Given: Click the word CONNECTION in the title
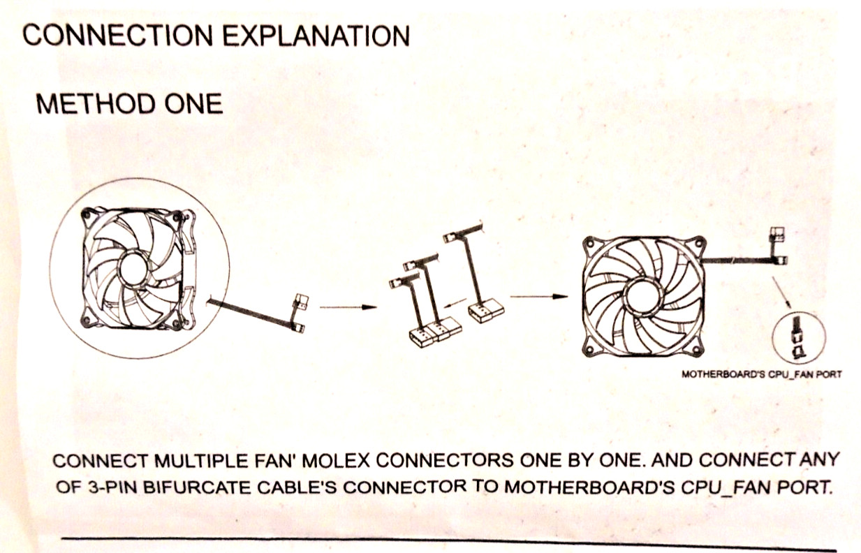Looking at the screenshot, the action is click(x=117, y=36).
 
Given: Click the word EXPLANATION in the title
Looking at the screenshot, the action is click(x=316, y=36).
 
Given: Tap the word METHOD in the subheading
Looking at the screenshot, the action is click(x=96, y=104).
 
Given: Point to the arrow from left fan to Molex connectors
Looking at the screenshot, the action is click(x=348, y=307).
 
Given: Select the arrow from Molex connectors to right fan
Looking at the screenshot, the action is click(x=539, y=296).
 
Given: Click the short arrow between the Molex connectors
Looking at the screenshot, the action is click(x=455, y=304).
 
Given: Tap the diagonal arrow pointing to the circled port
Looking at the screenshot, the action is click(x=782, y=292).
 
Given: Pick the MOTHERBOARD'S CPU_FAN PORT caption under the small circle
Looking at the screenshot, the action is click(x=761, y=374).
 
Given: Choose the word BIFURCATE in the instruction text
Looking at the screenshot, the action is click(x=199, y=487).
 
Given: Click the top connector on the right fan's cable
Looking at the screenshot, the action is click(x=777, y=234).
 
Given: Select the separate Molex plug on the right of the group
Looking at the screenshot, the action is click(x=486, y=311).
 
